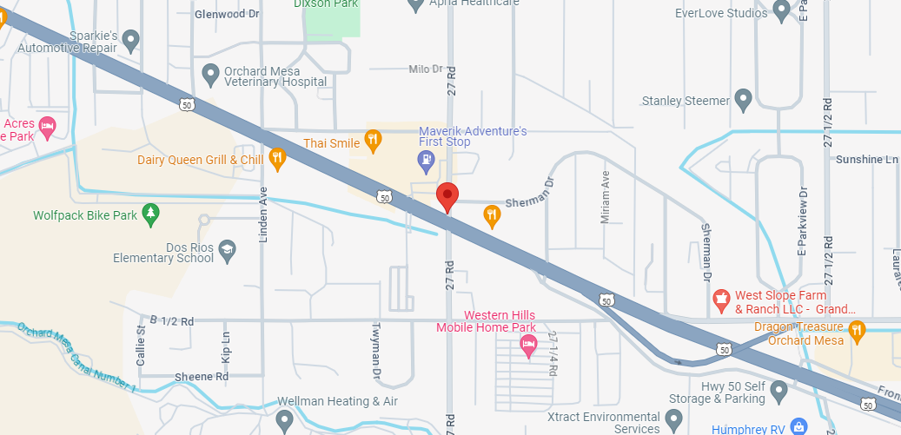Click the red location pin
coord(447,195)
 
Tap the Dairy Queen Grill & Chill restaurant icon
coord(277,157)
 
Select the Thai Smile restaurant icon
coord(373,139)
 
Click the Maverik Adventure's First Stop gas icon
coord(426,159)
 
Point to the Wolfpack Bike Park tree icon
coord(151,213)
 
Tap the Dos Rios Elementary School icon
coord(227,250)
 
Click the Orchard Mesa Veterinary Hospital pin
coord(209,73)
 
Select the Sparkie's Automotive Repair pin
coord(130,38)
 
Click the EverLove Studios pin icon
coord(781,10)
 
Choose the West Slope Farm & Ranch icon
coord(720,300)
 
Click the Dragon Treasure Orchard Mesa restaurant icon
coord(858,329)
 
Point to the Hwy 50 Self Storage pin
coord(778,392)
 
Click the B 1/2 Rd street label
coord(171,320)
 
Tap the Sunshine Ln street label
coord(866,160)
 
